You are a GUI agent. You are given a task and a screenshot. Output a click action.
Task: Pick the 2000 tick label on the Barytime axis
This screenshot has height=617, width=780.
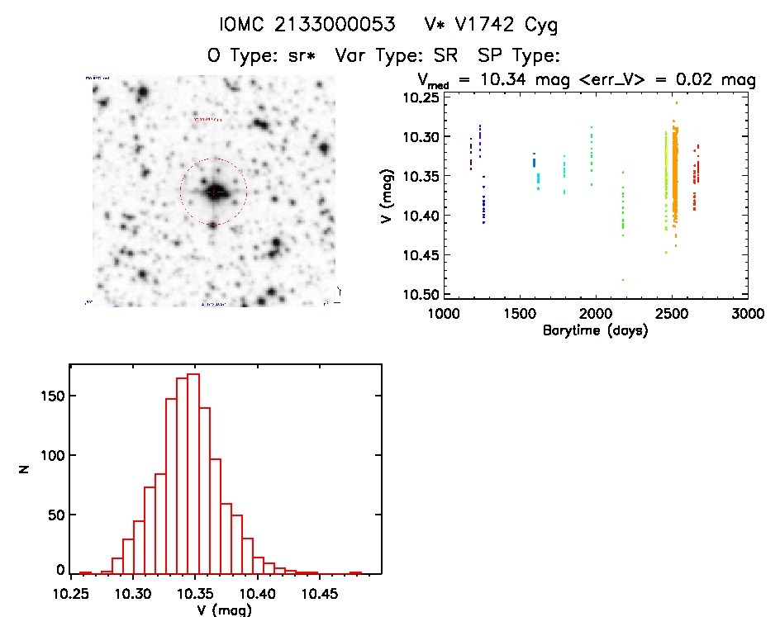(x=596, y=314)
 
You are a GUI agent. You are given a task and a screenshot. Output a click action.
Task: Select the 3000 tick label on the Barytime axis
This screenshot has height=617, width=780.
(x=747, y=314)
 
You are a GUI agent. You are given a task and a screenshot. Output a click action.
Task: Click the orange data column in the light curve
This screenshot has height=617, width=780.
(x=674, y=182)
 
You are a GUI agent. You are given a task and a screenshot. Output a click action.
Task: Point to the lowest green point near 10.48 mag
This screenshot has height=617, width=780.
(x=623, y=280)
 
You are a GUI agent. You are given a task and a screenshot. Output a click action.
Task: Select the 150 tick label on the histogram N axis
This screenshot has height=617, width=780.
(x=53, y=396)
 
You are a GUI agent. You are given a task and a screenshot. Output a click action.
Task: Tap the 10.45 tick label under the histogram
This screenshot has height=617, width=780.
(x=320, y=594)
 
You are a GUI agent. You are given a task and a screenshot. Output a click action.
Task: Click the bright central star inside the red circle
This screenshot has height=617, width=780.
(x=213, y=192)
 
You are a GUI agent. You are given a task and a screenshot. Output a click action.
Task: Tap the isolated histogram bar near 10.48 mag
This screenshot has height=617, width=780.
(x=356, y=572)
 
